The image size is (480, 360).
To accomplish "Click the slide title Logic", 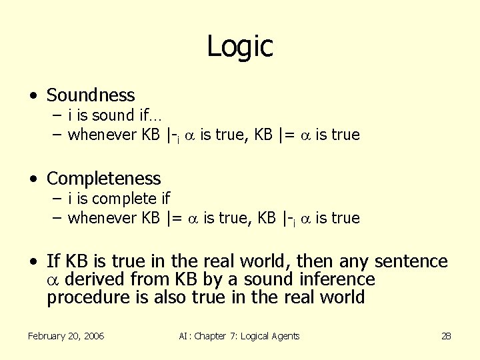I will pos(240,46).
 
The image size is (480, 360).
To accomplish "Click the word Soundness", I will pos(91,95).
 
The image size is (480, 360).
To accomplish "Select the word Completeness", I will pos(104,179).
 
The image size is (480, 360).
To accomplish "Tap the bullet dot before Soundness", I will pos(33,96).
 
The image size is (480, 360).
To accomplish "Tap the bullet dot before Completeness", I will pos(33,179).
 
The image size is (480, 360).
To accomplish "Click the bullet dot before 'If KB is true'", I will pos(33,262).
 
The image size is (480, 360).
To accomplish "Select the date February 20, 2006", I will pos(66,336).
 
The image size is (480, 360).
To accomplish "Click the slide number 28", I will pos(446,336).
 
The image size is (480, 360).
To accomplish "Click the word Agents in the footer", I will pos(285,336).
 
